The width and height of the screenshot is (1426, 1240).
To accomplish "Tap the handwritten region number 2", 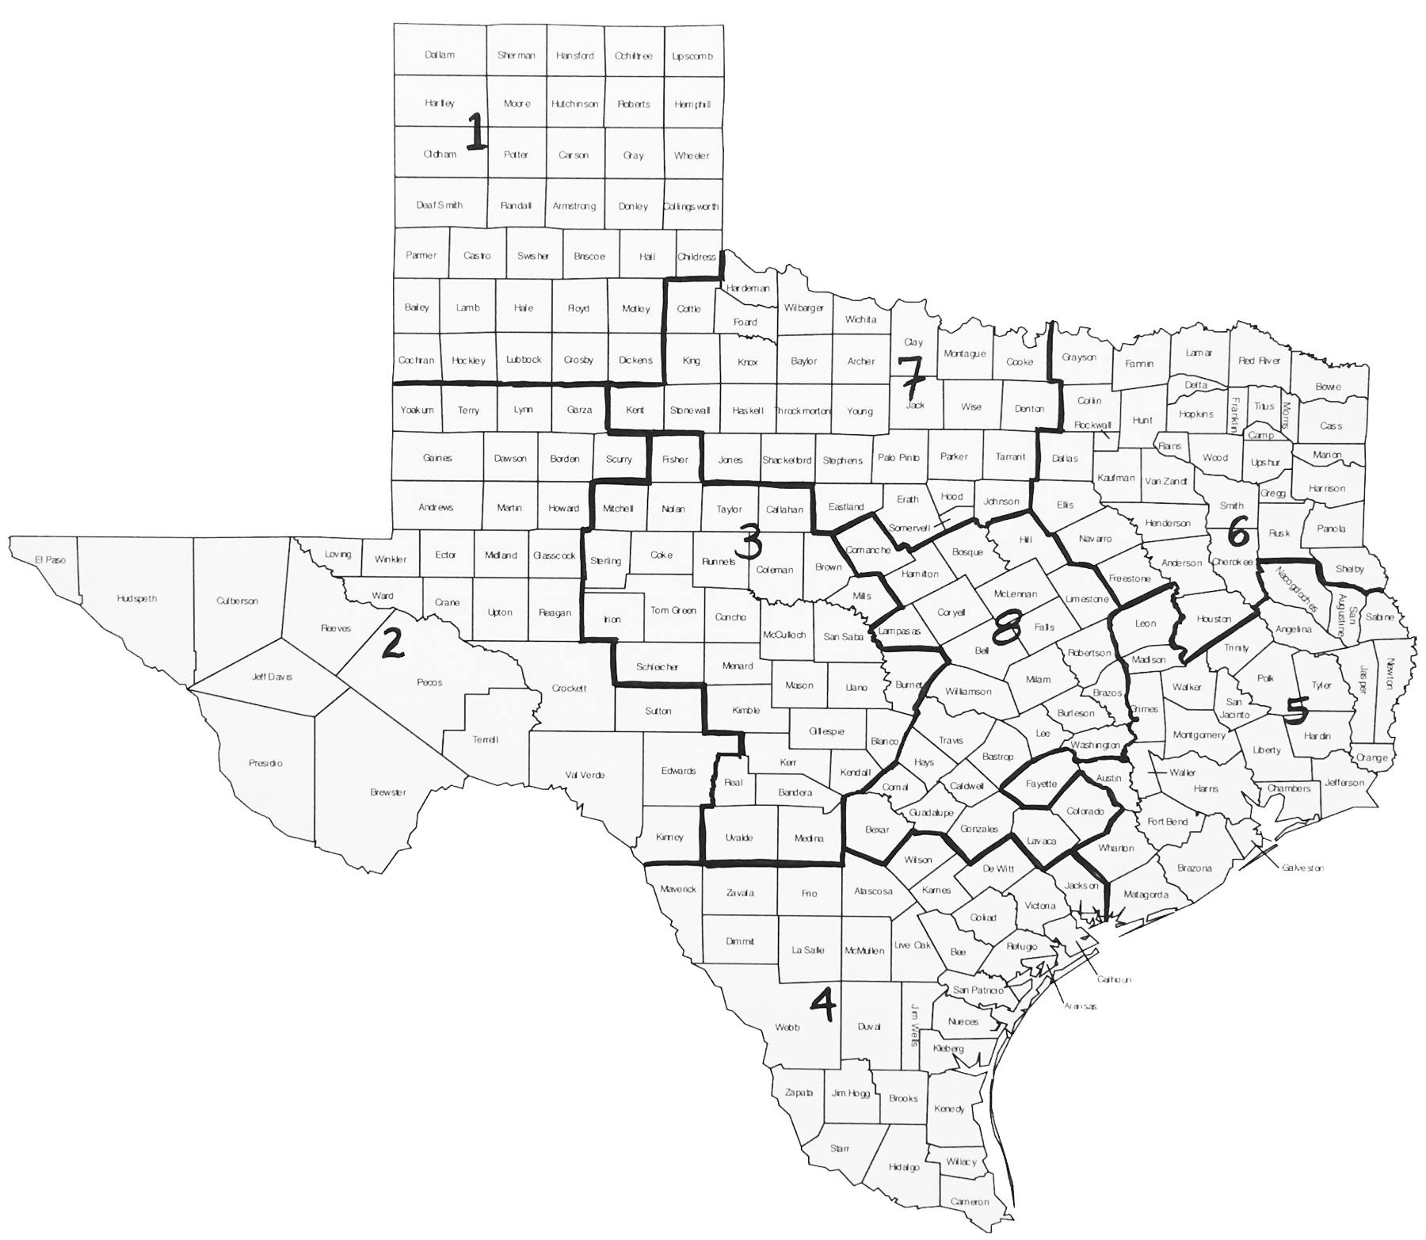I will tap(392, 643).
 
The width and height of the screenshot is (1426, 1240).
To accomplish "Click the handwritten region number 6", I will tap(1238, 535).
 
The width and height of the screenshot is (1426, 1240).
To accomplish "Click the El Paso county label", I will tap(50, 560).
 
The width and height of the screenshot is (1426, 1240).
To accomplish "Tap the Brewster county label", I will tap(388, 792).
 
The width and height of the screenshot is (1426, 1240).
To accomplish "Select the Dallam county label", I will tap(440, 55).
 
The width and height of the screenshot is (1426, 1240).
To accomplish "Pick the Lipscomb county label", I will tap(692, 56).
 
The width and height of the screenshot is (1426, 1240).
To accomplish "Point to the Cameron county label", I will tap(970, 1202).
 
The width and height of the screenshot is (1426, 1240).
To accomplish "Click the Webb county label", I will tap(787, 1028).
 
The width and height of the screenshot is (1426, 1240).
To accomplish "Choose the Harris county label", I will tap(1206, 789).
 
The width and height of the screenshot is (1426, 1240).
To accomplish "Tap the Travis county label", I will tap(951, 741).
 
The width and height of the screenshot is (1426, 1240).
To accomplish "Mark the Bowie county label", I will tap(1328, 387).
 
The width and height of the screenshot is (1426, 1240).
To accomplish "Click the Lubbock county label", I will tap(524, 360).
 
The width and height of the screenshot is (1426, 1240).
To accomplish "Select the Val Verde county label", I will tap(585, 775).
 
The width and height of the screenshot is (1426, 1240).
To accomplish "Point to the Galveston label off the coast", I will tap(1303, 868).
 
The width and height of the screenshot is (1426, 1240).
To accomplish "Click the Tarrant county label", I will tap(1010, 457).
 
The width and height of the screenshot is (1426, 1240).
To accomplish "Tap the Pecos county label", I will tap(429, 682).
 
